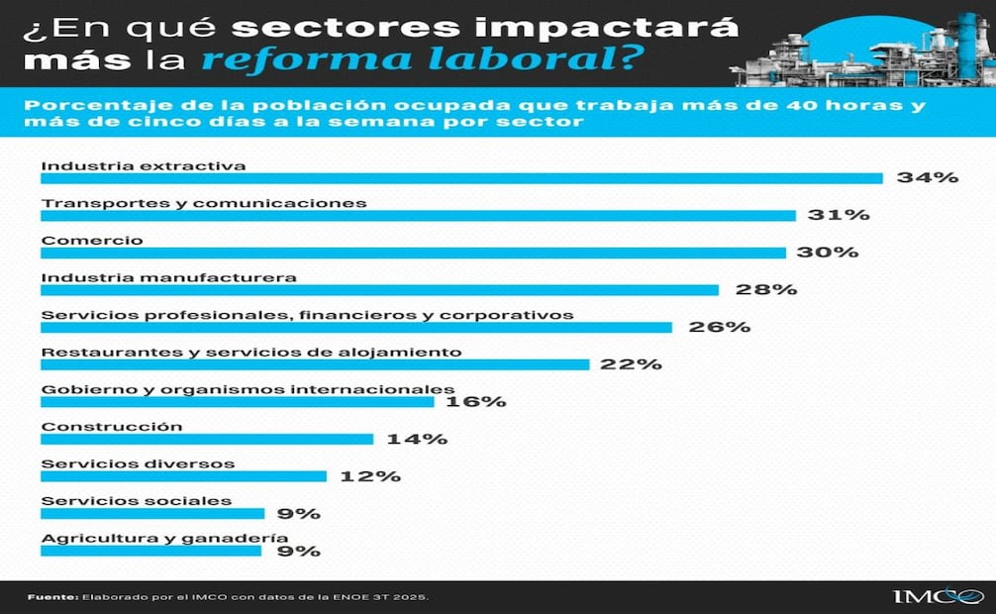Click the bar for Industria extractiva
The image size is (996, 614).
point(461,178)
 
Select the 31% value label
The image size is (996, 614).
point(838,215)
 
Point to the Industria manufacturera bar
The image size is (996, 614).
point(379,290)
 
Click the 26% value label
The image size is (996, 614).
point(720,327)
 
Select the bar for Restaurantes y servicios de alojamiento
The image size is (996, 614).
point(315,364)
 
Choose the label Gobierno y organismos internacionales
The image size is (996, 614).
point(248,389)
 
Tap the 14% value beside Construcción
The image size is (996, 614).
point(417,439)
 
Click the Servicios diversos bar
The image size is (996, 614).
point(183,476)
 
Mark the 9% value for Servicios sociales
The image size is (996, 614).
point(298,513)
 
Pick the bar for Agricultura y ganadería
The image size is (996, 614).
point(150,551)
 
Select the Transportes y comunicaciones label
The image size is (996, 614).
point(204,203)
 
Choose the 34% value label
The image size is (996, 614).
point(927,178)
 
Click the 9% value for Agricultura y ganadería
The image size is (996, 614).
point(298,551)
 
